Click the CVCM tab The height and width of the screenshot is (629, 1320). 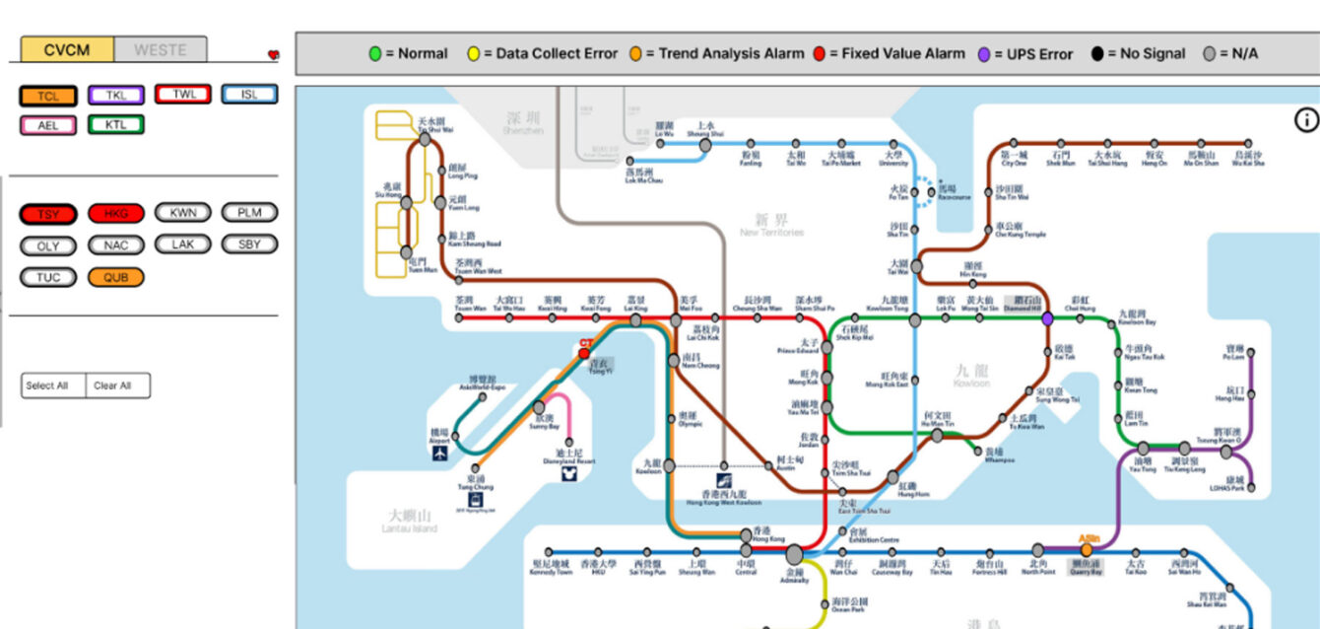67,49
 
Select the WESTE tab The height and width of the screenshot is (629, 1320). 161,49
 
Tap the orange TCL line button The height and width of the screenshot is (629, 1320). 48,96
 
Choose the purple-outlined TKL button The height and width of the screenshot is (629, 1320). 116,96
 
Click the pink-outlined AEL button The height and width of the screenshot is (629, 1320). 48,125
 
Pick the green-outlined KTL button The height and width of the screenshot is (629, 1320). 116,125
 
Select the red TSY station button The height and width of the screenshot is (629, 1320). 48,214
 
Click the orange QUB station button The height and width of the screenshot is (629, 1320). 116,277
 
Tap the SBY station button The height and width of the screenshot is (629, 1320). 250,245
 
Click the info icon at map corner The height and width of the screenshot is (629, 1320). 1306,120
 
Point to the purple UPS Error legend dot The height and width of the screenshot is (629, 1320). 984,54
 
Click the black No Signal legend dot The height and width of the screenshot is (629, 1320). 1097,54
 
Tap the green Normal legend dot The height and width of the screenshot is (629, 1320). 375,54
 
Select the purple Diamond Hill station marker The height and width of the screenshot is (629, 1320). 1047,318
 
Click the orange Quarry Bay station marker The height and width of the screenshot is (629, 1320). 1087,550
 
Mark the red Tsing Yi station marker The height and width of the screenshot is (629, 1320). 584,353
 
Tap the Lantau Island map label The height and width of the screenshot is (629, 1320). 409,521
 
